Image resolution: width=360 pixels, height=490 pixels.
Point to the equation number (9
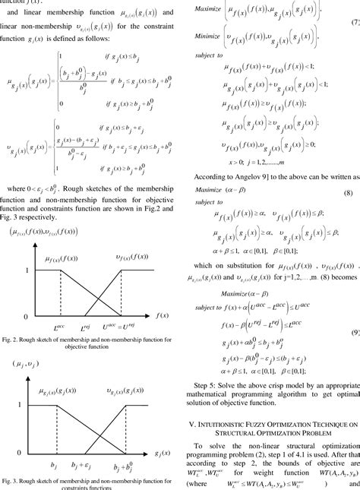pos(354,334)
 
